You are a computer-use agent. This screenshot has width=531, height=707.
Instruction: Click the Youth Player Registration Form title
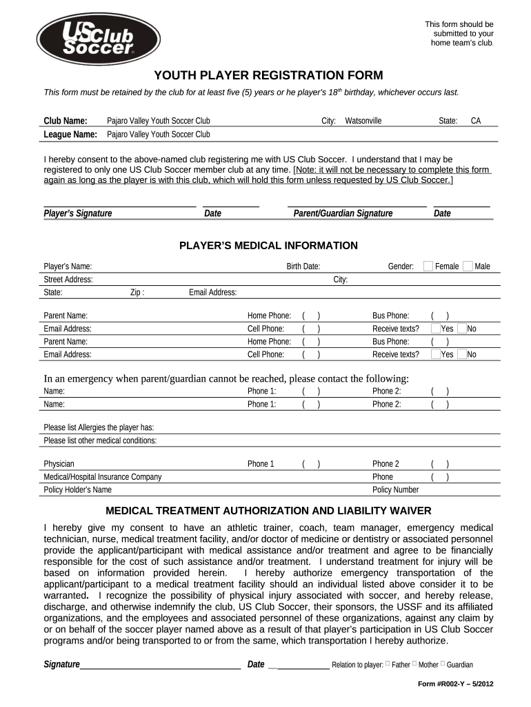click(x=268, y=75)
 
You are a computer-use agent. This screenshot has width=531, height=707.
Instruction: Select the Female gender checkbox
click(x=428, y=266)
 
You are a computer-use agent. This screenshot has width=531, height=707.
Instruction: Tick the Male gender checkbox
click(x=468, y=266)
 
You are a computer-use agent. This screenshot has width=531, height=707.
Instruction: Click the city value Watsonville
click(x=363, y=121)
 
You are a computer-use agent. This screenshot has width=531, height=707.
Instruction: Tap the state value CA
click(x=476, y=121)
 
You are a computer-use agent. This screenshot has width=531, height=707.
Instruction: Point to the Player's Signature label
click(x=78, y=213)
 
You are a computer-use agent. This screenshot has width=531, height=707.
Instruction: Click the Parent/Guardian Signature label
click(x=343, y=213)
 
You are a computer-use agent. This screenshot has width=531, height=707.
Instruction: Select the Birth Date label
click(x=303, y=267)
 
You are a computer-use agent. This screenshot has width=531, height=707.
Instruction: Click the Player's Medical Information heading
click(x=268, y=246)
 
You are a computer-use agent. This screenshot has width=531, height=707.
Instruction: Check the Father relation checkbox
click(x=388, y=664)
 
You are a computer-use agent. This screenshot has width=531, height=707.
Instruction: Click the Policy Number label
click(x=395, y=490)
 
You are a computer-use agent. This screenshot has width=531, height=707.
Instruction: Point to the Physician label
click(x=59, y=464)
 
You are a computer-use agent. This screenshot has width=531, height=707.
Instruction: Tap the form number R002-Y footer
click(x=456, y=684)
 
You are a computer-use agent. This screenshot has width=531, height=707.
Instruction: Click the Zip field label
click(x=137, y=293)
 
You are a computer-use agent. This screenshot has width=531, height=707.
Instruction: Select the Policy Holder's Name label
click(x=78, y=490)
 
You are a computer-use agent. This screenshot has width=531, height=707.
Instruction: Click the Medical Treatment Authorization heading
click(x=268, y=511)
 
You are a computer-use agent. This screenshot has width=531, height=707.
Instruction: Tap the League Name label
click(x=70, y=135)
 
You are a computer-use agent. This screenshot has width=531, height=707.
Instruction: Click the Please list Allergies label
click(x=99, y=427)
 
